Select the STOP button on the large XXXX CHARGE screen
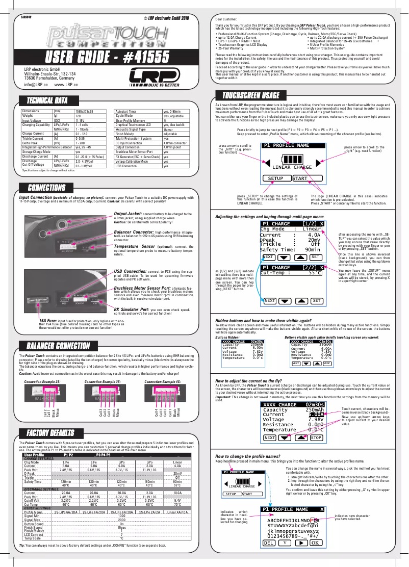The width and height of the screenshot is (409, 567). (316, 437)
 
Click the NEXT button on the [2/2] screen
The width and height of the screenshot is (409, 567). (269, 301)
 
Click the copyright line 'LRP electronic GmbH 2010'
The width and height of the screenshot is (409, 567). (166, 18)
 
